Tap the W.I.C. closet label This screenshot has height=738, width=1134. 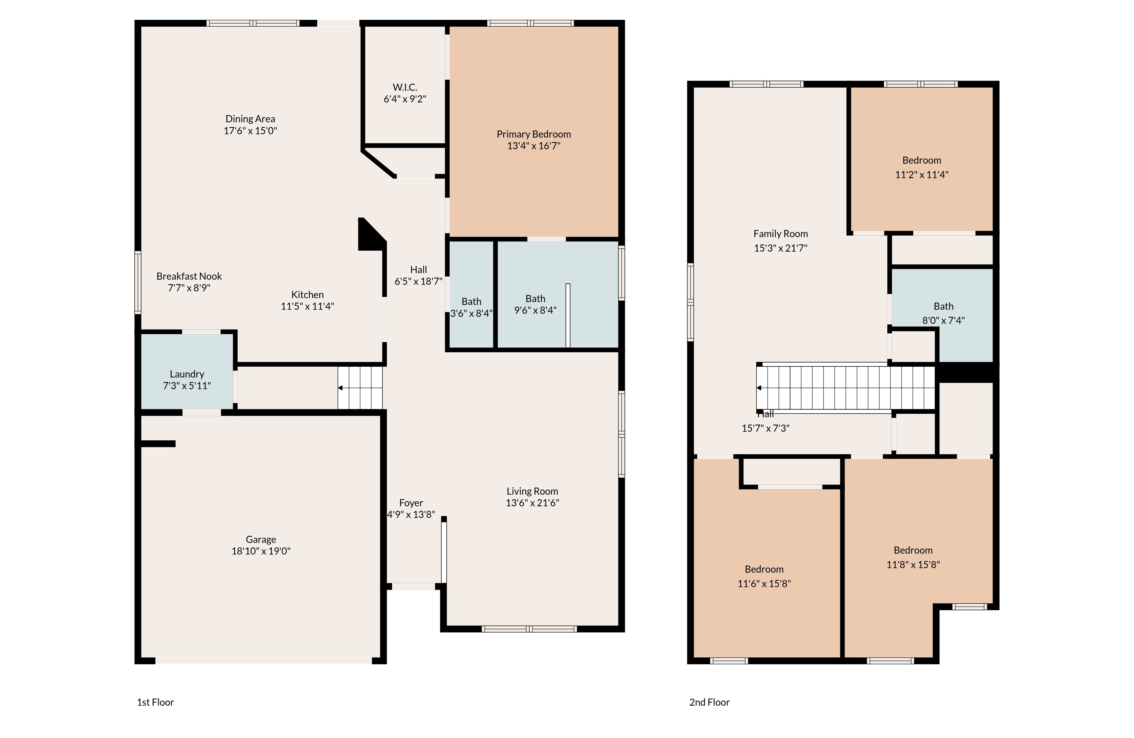405,87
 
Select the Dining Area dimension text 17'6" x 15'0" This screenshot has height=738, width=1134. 250,131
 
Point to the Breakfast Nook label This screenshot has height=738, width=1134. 189,276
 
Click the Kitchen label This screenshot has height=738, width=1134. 307,295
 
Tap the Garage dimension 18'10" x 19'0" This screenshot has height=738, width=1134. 261,551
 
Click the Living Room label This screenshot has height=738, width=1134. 532,491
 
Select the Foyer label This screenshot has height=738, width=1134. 411,503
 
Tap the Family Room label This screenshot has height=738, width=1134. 780,234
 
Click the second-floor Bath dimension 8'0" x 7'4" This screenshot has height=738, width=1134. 944,320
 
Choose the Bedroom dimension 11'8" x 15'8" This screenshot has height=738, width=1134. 913,564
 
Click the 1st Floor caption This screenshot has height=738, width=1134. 155,702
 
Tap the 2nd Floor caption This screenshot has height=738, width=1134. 710,702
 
